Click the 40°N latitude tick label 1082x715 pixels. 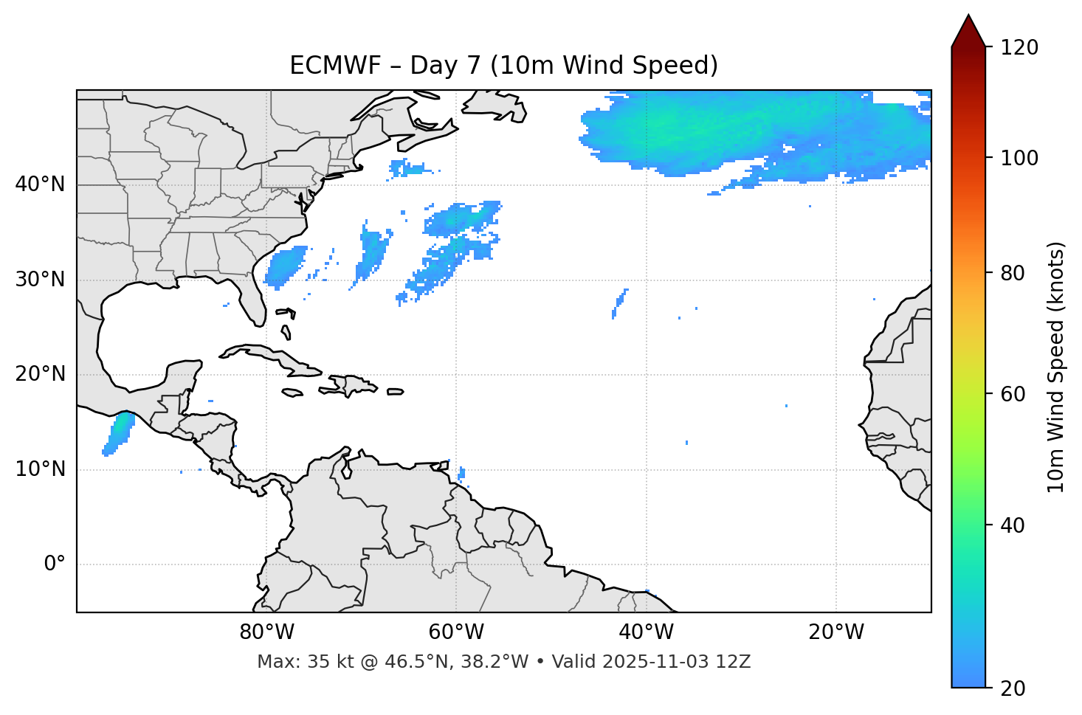coord(40,184)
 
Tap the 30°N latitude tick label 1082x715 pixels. coord(40,280)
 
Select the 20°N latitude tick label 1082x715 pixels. coord(40,374)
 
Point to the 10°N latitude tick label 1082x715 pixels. coord(40,469)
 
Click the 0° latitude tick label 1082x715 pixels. coord(55,564)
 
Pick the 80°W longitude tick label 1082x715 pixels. coord(266,632)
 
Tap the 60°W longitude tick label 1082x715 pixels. coord(456,632)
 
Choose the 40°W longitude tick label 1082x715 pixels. coord(646,632)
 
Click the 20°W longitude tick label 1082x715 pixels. coord(835,632)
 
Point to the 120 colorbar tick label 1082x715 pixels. coord(1019,47)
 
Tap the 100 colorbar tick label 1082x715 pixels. coord(1019,158)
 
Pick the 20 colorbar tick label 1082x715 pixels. coord(1013,688)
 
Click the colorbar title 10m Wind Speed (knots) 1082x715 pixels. coord(1056,367)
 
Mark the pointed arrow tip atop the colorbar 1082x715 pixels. coord(968,16)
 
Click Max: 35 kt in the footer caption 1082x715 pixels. coord(291,662)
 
